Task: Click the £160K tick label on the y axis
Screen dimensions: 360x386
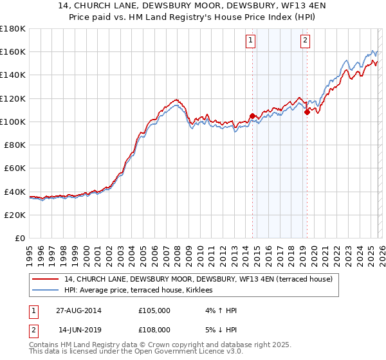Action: (x=13, y=51)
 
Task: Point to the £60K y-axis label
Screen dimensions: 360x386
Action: (x=15, y=168)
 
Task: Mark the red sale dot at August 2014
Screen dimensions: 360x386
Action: (x=252, y=116)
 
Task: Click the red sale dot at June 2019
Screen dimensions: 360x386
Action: (x=307, y=112)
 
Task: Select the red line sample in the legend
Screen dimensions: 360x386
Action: (x=46, y=279)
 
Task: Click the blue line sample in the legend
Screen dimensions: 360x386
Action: (x=46, y=291)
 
